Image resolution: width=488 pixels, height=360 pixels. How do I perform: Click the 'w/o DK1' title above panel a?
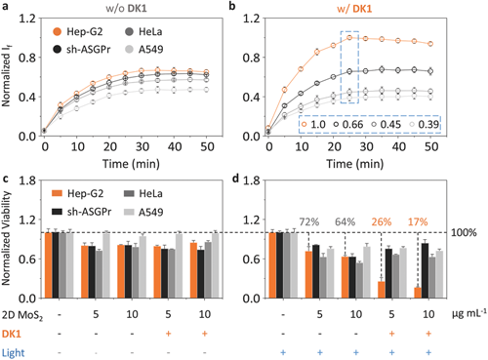coord(126,8)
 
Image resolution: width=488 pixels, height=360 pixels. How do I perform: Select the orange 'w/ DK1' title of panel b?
coord(354,9)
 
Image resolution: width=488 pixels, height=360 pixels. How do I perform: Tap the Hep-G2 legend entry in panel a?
coord(78,31)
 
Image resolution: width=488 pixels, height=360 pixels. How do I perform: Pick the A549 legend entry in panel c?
coord(143,212)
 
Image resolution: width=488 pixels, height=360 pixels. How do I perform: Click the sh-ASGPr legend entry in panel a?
coord(81,50)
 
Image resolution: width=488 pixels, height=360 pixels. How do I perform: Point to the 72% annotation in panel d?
coord(309,221)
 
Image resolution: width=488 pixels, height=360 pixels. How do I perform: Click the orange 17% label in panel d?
coord(418,221)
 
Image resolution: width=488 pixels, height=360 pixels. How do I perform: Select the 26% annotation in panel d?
coord(382,221)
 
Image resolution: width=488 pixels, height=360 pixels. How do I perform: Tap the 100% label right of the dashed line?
coord(464,232)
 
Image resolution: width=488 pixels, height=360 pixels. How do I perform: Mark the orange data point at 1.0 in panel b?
coord(349,38)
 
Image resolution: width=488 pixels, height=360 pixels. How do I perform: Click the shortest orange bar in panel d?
coord(418,293)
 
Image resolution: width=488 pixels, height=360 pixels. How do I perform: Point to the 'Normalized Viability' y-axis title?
coord(7,238)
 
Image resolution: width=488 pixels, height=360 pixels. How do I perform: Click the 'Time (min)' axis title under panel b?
coord(355,164)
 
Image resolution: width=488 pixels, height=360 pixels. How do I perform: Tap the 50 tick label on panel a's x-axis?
coord(207,147)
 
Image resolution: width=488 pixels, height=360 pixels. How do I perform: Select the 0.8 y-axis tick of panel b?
coord(251,58)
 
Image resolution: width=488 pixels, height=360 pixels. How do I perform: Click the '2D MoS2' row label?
coord(22,315)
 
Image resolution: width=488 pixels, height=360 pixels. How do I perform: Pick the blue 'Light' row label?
coord(13,353)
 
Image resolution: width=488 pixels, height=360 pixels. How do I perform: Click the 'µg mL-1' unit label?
coord(469,313)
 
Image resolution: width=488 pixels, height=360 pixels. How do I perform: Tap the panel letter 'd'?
coord(235,179)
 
